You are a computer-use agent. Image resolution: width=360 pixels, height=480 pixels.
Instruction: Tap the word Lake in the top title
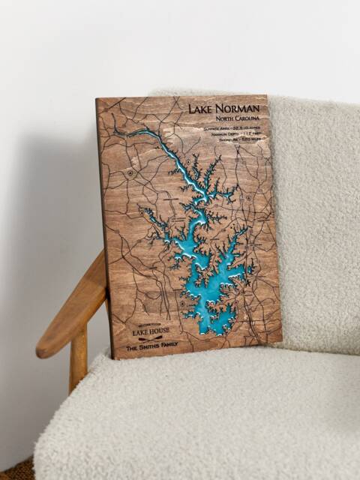[200, 109]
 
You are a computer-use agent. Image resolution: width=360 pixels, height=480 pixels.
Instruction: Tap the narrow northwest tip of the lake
[120, 133]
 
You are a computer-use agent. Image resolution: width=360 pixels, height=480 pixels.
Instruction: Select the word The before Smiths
[132, 349]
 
